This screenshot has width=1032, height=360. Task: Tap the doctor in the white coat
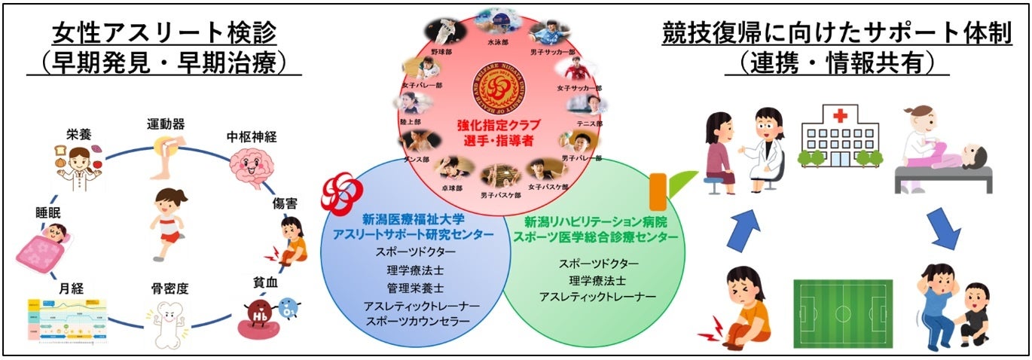pos(764,146)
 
